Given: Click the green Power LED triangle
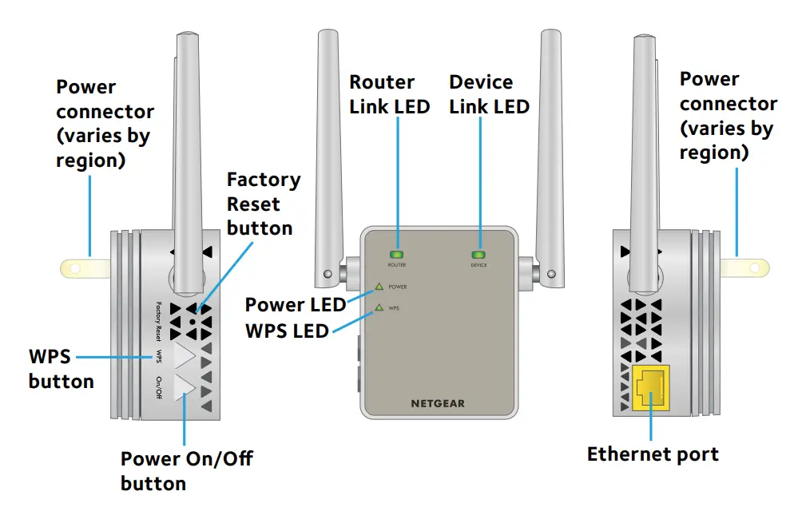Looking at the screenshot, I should [379, 286].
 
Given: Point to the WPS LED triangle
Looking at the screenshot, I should [379, 307].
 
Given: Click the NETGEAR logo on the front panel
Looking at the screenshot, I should [437, 403].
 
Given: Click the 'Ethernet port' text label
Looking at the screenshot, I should [653, 454].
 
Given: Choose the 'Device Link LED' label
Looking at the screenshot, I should [489, 94].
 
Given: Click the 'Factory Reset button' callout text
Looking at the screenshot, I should [263, 204].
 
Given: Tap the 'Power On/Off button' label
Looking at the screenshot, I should [186, 470].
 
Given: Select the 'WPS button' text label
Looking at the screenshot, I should [61, 368].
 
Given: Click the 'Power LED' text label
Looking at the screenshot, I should [295, 304].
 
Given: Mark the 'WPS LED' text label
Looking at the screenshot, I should [288, 329].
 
